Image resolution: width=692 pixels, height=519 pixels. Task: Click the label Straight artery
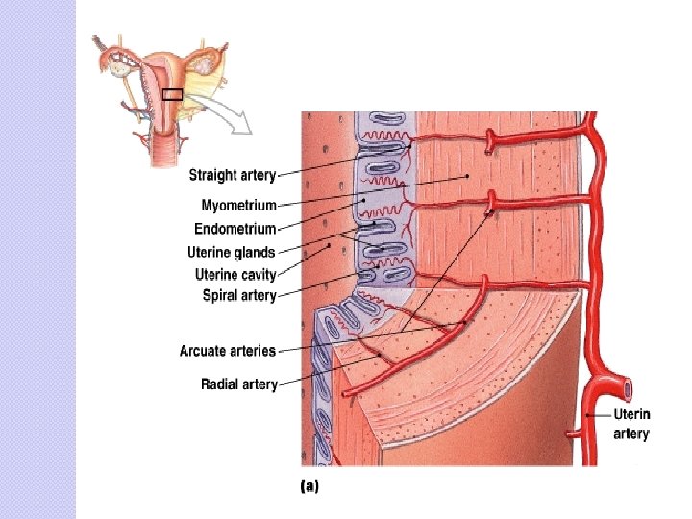click(232, 175)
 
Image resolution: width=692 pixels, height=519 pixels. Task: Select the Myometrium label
click(238, 205)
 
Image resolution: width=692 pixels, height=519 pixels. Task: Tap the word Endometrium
click(235, 229)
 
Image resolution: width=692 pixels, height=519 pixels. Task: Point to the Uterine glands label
click(231, 253)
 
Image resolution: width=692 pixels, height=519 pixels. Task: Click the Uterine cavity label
click(235, 275)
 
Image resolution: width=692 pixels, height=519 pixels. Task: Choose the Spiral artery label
click(239, 296)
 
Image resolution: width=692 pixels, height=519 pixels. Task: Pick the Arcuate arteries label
click(228, 351)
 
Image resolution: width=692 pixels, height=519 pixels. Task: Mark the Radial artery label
click(239, 384)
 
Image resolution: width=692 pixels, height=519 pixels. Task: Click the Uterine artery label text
click(631, 424)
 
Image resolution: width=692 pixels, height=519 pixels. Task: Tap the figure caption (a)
click(309, 486)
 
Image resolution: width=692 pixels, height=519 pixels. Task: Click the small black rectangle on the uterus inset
click(172, 94)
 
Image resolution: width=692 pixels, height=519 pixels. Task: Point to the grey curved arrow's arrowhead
click(245, 126)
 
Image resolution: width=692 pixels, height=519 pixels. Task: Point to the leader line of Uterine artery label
click(600, 415)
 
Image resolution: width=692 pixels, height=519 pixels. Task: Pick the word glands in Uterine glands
click(255, 253)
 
